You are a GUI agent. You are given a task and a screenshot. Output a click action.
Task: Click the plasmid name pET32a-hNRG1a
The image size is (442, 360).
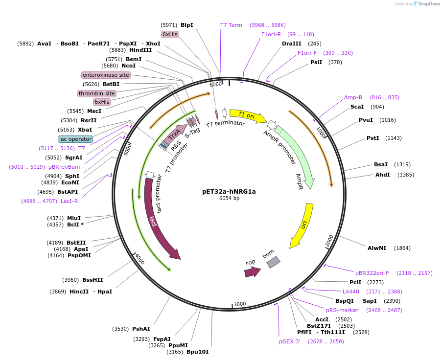pyautogui.click(x=229, y=191)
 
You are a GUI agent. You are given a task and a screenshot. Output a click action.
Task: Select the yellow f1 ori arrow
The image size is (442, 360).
pyautogui.click(x=247, y=115)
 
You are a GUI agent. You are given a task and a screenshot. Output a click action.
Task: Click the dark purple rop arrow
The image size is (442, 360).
pyautogui.click(x=252, y=272)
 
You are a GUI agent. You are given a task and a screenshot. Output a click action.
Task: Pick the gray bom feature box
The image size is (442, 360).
pyautogui.click(x=273, y=262)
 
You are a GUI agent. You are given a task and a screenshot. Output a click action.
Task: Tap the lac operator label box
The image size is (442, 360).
pyautogui.click(x=75, y=139)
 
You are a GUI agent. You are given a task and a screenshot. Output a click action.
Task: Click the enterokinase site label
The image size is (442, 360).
pyautogui.click(x=106, y=75)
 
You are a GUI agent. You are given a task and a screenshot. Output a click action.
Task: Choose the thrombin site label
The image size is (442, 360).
pyautogui.click(x=96, y=93)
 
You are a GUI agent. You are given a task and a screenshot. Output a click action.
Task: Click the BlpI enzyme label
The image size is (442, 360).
pyautogui.click(x=187, y=25)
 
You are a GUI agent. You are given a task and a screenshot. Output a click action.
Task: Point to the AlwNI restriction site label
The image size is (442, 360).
pyautogui.click(x=377, y=248)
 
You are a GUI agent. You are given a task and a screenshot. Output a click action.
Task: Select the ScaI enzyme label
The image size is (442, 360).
pyautogui.click(x=357, y=107)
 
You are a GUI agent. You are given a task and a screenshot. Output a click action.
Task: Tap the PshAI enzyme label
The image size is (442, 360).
pyautogui.click(x=141, y=329)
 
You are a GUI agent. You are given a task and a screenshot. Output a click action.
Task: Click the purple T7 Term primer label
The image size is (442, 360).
pyautogui.click(x=231, y=25)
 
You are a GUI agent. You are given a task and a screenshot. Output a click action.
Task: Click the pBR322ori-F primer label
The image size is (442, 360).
pyautogui.click(x=372, y=273)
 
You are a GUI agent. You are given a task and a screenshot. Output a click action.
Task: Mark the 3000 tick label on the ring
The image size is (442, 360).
pyautogui.click(x=239, y=304)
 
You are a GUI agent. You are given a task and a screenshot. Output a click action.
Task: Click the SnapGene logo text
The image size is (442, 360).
pyautogui.click(x=428, y=4)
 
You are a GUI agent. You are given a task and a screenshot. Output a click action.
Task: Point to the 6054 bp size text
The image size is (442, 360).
pyautogui.click(x=229, y=199)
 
